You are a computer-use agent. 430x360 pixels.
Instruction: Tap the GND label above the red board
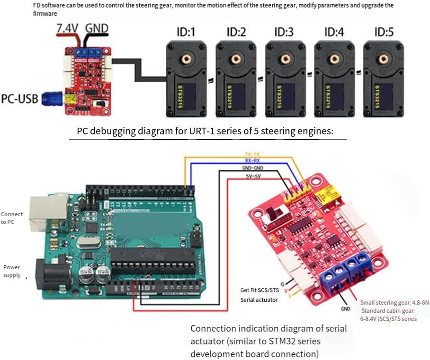tap(97, 28)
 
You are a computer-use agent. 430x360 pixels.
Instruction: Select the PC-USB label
tap(20, 100)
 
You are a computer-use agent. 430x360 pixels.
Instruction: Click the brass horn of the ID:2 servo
tap(234, 59)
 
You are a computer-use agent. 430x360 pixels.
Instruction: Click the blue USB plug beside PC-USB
tap(51, 99)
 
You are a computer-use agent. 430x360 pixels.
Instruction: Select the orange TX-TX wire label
tap(252, 155)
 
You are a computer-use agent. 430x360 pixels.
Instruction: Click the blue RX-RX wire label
tap(252, 161)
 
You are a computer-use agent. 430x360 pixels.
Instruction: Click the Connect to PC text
tap(12, 218)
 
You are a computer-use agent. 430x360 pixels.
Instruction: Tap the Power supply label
tap(12, 271)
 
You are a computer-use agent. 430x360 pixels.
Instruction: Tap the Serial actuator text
tap(259, 299)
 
